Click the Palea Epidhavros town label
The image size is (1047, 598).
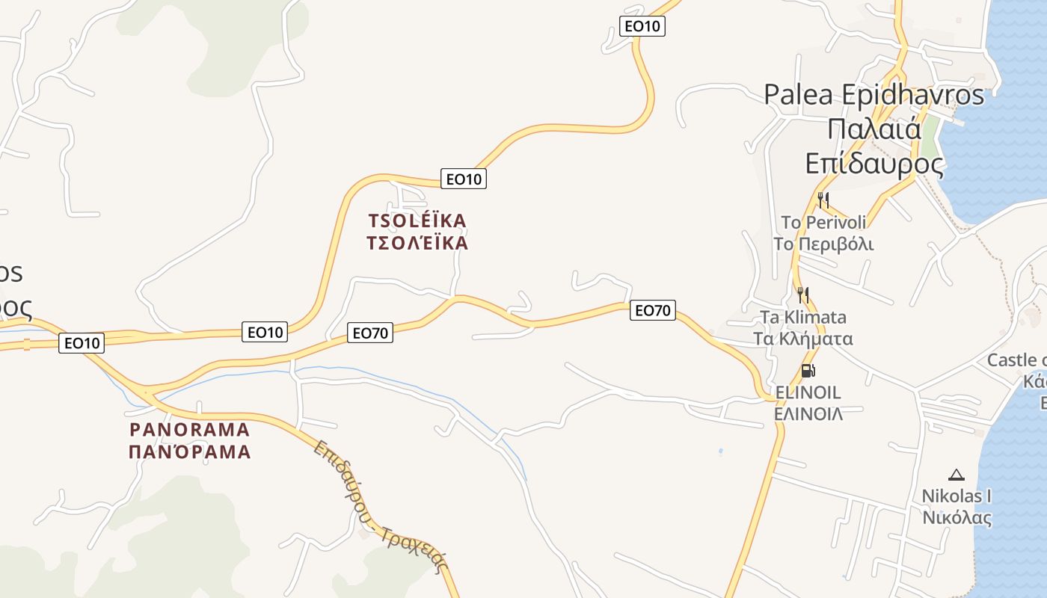(873, 95)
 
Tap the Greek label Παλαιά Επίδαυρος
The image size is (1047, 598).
(873, 146)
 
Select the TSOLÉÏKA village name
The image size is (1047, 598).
(417, 221)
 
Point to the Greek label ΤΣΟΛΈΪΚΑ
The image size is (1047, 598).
(417, 243)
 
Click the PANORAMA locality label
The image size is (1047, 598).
(190, 430)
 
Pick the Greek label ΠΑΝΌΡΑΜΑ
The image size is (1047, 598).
(190, 452)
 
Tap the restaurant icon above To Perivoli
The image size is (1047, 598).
(823, 200)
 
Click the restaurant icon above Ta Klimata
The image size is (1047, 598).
(802, 295)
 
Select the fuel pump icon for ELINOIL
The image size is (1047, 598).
(808, 370)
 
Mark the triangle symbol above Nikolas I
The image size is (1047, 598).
(956, 475)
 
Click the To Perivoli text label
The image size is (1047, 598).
(823, 223)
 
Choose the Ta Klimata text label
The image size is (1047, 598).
(802, 318)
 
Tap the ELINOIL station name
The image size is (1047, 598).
(808, 392)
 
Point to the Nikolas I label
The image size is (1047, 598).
(957, 496)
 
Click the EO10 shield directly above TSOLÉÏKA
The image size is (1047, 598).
(463, 179)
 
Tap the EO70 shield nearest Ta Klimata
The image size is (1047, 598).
(653, 309)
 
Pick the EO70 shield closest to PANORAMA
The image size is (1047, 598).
(369, 333)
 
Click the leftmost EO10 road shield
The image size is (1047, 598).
(82, 343)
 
